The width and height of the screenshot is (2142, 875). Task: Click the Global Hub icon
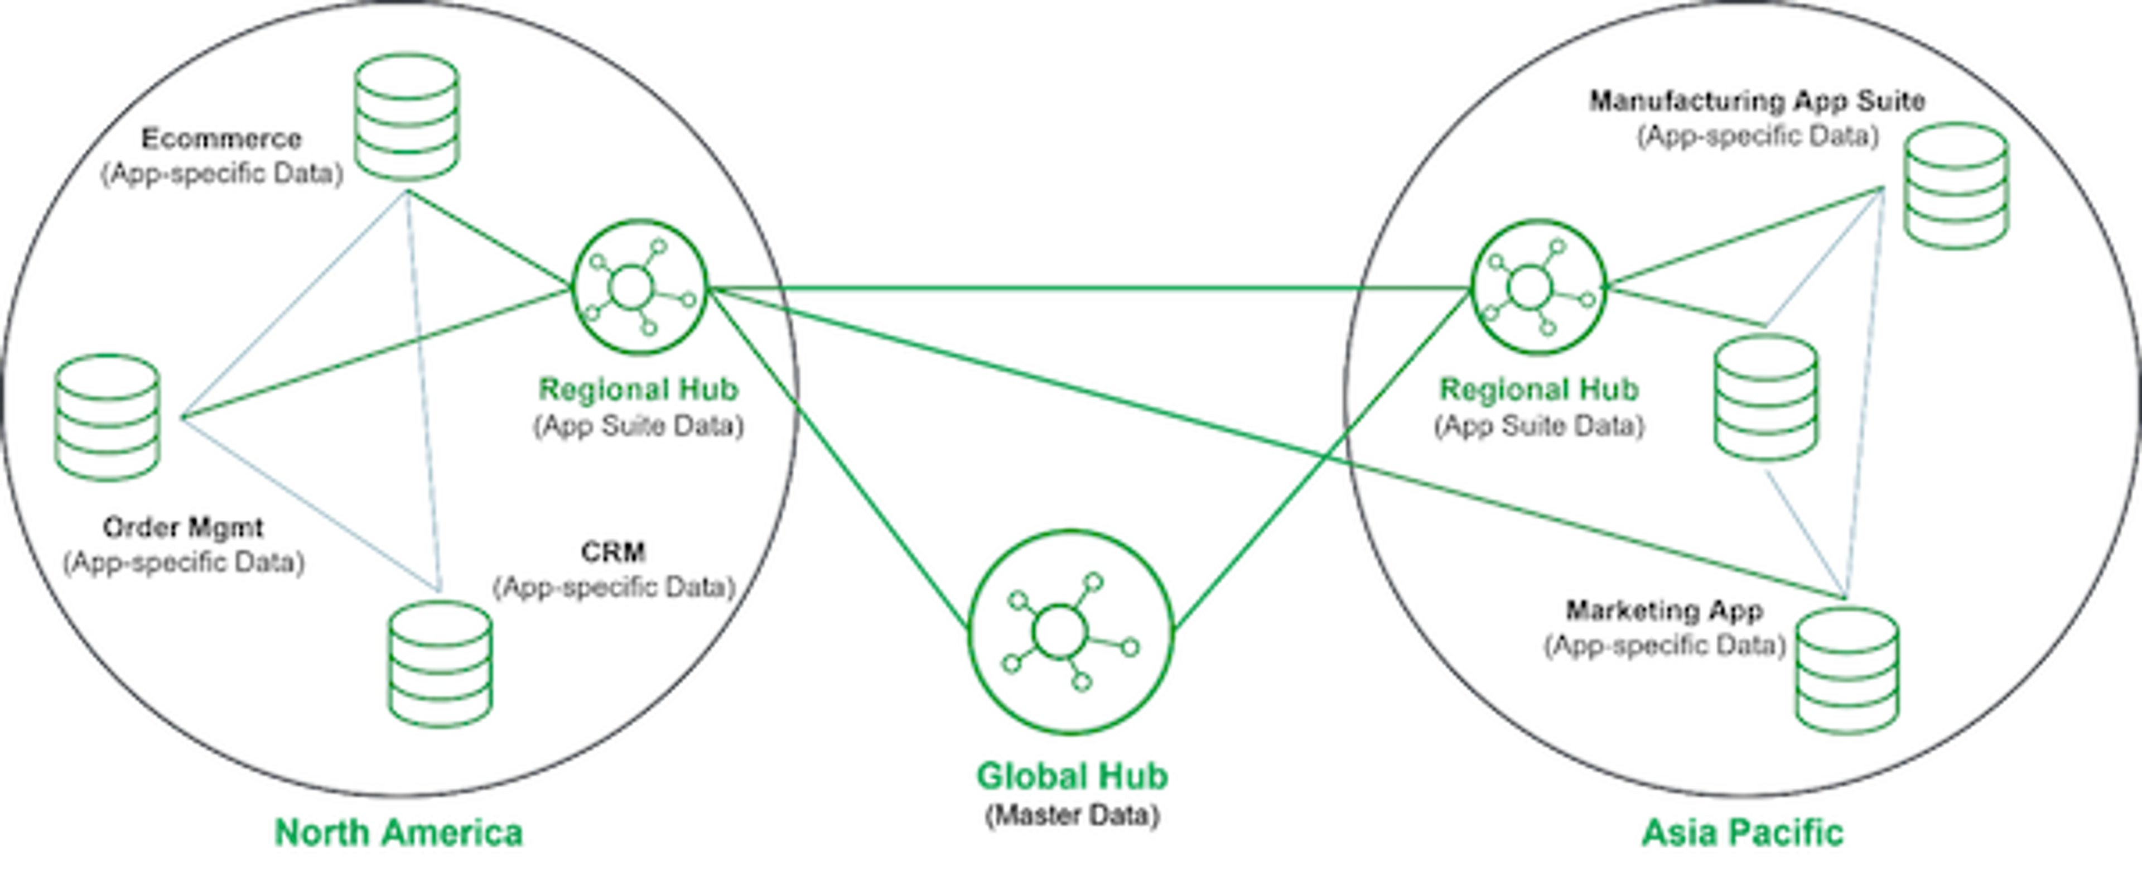coord(1071,632)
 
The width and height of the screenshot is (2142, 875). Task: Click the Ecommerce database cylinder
coord(407,117)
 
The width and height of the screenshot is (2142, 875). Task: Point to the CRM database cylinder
coord(441,664)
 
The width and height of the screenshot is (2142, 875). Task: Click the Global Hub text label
coord(1072,776)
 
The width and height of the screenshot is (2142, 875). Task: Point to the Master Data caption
coord(1072,815)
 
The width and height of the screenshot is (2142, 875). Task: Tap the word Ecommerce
coord(221,138)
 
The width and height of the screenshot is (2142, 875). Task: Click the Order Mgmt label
coord(183,527)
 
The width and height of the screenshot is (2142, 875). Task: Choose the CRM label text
coord(614,551)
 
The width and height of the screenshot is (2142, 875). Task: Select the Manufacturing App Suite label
coord(1758,100)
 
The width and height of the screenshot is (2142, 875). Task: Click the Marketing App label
coord(1665,610)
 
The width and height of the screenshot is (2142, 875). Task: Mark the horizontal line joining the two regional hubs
coord(1089,288)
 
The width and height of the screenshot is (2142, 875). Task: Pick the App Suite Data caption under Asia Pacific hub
coord(1539,426)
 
